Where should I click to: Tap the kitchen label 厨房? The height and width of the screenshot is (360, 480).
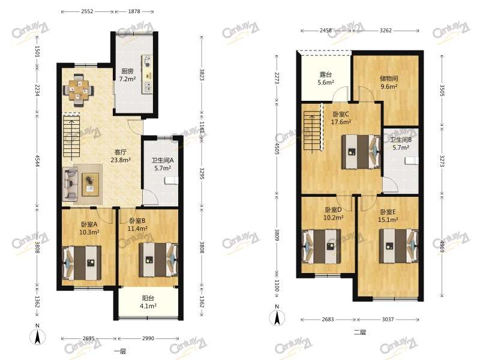click(127, 71)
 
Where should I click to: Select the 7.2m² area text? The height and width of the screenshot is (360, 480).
click(127, 79)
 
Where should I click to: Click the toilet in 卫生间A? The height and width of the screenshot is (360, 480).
click(171, 181)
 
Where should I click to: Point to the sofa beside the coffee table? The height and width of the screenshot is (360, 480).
click(70, 183)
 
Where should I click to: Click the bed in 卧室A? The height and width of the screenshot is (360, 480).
click(82, 263)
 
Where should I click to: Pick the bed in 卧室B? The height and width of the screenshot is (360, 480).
click(158, 260)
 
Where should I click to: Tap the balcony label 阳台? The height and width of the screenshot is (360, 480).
click(148, 298)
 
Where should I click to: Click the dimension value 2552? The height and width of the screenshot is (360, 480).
click(87, 11)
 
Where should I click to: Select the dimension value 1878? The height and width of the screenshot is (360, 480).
click(134, 11)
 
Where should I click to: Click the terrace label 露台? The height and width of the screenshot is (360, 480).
click(326, 74)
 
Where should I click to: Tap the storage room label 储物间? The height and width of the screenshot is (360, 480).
click(389, 79)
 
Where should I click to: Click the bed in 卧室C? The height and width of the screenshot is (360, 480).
click(362, 152)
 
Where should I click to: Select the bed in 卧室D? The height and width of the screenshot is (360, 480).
click(321, 246)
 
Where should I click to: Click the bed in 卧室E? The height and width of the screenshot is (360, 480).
click(399, 246)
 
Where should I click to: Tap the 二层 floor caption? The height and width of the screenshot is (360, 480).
click(359, 332)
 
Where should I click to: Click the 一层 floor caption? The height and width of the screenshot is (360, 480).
click(120, 351)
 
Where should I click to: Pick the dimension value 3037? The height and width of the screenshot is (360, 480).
click(388, 320)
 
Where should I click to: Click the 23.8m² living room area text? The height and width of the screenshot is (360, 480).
click(121, 160)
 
